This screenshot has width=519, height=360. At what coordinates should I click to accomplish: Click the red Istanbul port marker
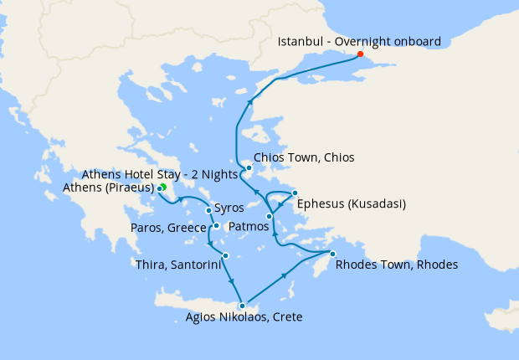pos(361,54)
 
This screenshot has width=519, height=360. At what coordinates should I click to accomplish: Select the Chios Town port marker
pos(249,167)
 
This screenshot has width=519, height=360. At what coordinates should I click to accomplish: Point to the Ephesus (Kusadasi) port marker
pos(296,194)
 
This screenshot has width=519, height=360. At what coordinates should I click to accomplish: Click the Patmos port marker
pos(269,217)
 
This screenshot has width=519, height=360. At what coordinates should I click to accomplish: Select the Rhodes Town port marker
pos(332,254)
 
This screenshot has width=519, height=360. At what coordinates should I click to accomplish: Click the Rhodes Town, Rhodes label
pos(396,265)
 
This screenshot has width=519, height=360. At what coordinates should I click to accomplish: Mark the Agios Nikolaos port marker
pos(242,306)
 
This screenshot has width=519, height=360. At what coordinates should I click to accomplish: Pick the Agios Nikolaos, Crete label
pos(244,317)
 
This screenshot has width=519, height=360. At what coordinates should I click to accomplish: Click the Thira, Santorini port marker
pos(225,255)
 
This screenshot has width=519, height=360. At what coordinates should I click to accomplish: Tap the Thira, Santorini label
pos(177,265)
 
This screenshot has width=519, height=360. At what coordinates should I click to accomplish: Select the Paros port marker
pos(216,225)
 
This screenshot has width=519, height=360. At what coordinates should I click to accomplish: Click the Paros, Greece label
pos(167,227)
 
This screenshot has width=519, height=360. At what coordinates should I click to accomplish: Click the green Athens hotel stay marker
pos(163,187)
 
